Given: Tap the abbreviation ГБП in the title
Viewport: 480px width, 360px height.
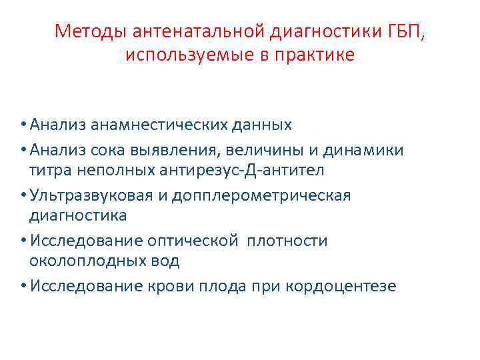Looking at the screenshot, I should (403, 31).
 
